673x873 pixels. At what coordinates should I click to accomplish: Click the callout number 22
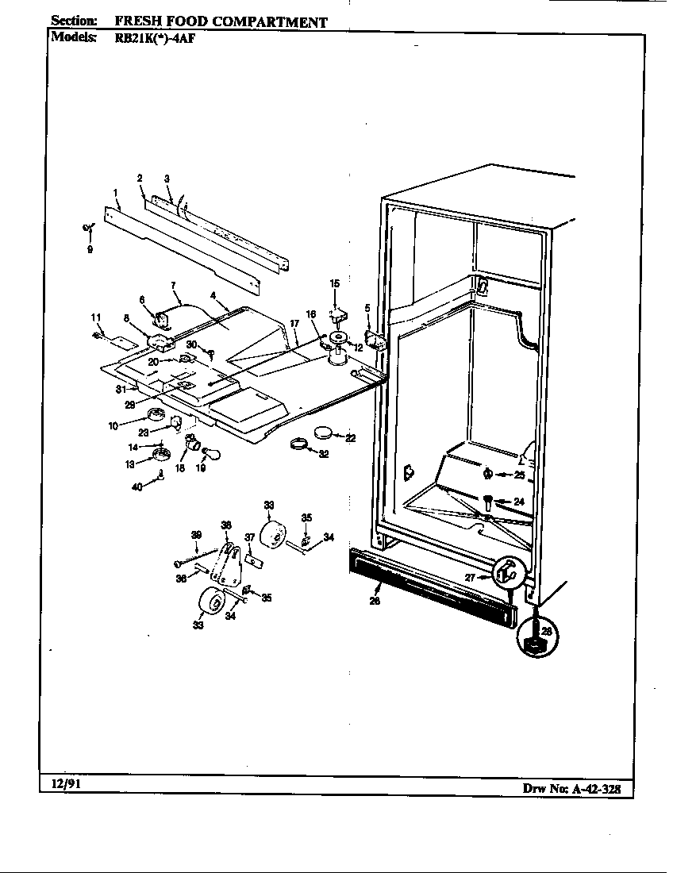pos(351,437)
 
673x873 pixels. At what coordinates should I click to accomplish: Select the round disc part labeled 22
pos(324,433)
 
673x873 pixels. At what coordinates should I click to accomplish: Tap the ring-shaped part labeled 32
pos(299,444)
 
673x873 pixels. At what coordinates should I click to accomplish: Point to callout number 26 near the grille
pos(375,600)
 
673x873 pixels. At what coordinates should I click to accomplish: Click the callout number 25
pos(519,475)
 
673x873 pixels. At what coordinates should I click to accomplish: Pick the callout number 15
pos(334,283)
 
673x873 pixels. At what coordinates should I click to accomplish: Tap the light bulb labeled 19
pos(204,453)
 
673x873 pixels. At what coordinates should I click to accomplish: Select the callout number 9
pos(90,249)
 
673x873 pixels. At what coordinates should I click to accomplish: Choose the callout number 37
pos(248,538)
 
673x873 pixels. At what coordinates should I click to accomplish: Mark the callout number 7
pos(172,284)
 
